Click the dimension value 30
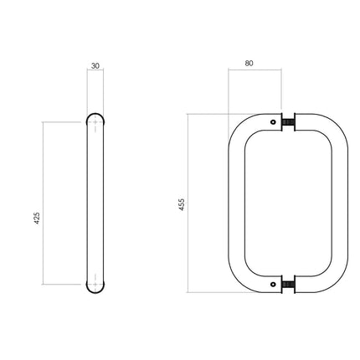(x=96, y=64)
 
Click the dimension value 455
(x=181, y=203)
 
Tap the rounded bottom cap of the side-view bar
(x=96, y=287)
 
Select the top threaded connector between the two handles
(x=289, y=124)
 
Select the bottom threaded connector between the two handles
(x=289, y=284)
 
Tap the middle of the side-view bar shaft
(x=96, y=203)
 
